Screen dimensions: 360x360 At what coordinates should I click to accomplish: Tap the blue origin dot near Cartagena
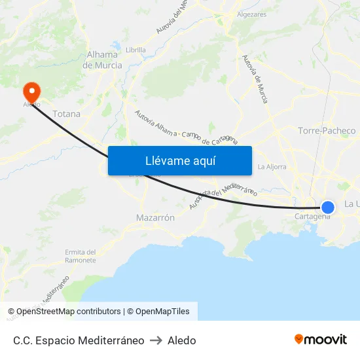tap(328, 207)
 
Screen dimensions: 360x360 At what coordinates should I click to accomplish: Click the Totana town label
tap(67, 114)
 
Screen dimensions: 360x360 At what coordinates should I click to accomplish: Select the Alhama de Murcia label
tap(102, 60)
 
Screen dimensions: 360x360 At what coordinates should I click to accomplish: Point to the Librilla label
tap(135, 50)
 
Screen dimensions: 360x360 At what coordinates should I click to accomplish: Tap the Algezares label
tap(252, 14)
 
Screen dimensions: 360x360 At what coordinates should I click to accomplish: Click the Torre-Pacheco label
tap(327, 131)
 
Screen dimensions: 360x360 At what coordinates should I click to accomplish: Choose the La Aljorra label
tap(272, 167)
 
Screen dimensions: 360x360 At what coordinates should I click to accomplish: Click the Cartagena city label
tap(312, 217)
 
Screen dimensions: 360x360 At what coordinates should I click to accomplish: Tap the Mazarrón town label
tap(155, 218)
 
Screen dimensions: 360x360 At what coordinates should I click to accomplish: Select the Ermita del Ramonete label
tap(81, 256)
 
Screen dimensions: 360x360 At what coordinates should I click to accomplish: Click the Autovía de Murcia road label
tap(255, 79)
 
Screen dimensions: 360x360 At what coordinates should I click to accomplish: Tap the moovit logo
tap(321, 340)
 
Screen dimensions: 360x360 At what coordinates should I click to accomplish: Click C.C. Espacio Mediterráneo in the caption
tap(79, 340)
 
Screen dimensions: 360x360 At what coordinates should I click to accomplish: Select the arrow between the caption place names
tap(156, 340)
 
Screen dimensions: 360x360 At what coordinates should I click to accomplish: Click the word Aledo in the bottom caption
tap(182, 340)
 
